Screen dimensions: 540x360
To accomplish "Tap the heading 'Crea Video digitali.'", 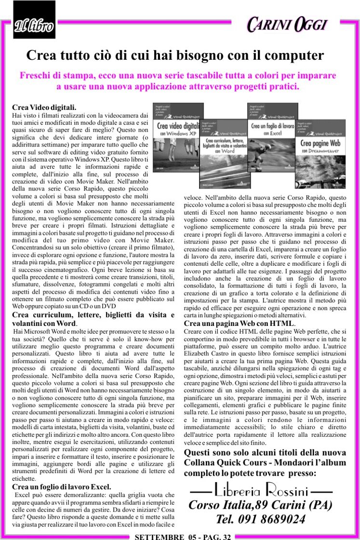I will point(44,107).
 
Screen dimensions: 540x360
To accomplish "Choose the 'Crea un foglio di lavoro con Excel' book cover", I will point(272,131).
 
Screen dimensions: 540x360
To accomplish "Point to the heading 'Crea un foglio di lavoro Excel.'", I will point(62,487).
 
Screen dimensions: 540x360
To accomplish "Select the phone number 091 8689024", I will point(260,519).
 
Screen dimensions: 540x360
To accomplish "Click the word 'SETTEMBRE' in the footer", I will point(159,536).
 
